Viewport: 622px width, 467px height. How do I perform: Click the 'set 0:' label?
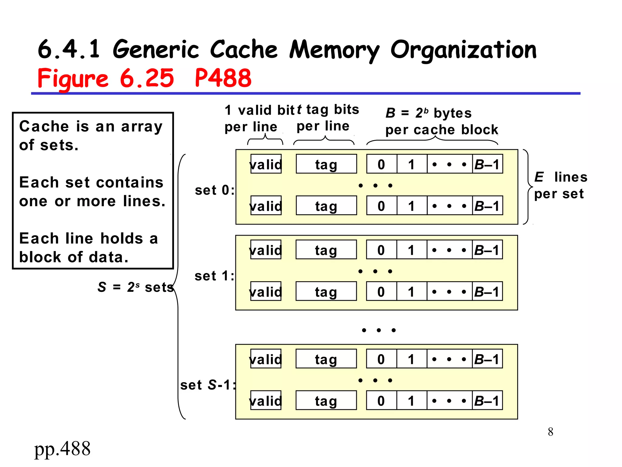click(214, 190)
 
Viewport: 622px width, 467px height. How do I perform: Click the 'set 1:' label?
click(214, 276)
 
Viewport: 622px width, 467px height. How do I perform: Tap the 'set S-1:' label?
click(208, 385)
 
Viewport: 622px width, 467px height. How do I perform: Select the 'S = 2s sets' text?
click(135, 287)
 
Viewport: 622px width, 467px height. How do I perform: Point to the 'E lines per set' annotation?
click(560, 185)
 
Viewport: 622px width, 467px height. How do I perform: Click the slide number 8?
click(550, 432)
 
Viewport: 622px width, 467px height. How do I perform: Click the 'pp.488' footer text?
click(62, 449)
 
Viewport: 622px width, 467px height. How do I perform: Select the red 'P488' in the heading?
click(223, 78)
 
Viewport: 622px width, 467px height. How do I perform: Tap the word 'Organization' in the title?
click(463, 50)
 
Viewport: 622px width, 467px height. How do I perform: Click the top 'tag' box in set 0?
click(326, 164)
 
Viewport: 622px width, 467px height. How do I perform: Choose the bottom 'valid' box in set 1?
click(266, 292)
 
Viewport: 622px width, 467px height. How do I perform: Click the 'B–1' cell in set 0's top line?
click(487, 164)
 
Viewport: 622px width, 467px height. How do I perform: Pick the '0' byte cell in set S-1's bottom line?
click(381, 401)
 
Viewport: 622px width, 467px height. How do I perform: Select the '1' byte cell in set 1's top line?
click(411, 250)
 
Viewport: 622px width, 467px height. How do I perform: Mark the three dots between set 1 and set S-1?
click(378, 330)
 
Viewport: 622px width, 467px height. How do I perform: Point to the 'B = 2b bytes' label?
click(428, 113)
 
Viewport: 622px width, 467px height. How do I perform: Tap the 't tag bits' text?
click(328, 110)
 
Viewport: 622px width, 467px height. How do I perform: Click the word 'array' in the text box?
click(142, 126)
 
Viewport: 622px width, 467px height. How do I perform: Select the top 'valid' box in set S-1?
click(266, 359)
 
